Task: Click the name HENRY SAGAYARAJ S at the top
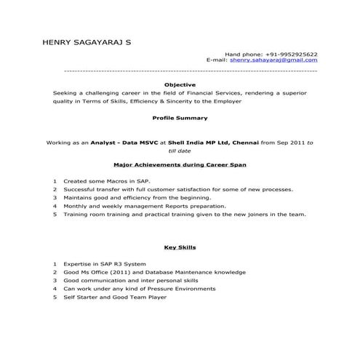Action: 88,43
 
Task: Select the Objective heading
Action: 180,85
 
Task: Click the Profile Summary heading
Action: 180,118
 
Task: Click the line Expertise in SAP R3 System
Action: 105,263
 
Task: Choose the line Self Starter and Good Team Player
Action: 115,297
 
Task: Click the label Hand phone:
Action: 244,55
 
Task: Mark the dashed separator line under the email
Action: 191,71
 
